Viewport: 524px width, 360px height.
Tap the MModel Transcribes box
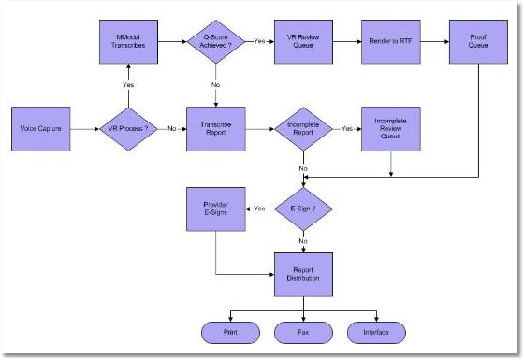click(127, 42)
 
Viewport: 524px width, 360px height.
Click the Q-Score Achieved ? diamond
click(215, 42)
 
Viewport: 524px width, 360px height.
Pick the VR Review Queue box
click(301, 42)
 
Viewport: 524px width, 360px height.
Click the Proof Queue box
click(478, 42)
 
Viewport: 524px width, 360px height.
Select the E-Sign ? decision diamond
click(302, 208)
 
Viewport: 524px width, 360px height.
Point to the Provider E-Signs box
click(216, 208)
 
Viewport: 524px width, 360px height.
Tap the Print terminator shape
click(229, 332)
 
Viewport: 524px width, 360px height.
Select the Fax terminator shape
click(302, 332)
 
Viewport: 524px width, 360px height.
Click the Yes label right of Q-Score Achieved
click(258, 42)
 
